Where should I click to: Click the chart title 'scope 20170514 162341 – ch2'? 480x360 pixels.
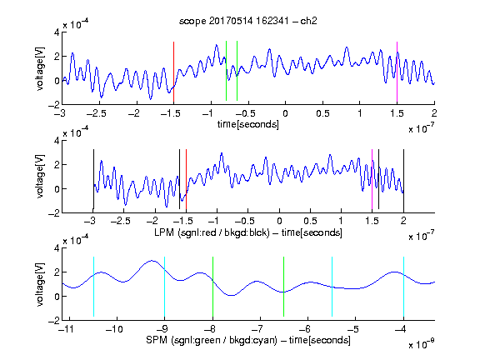[x=248, y=21]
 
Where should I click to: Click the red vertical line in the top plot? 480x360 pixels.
[x=173, y=72]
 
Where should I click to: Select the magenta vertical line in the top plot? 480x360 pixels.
[x=397, y=72]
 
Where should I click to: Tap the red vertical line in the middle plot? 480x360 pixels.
[x=186, y=179]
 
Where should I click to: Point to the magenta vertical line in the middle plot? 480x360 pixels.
[x=372, y=179]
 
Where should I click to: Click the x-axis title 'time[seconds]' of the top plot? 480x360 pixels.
[x=248, y=124]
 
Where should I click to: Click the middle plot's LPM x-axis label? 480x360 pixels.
[x=248, y=232]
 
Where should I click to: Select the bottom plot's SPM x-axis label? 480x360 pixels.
[x=248, y=340]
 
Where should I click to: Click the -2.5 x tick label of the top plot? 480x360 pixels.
[x=97, y=113]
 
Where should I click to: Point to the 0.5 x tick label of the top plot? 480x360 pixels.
[x=322, y=113]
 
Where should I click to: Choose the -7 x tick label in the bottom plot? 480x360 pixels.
[x=257, y=329]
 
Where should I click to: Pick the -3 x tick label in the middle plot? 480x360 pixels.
[x=90, y=221]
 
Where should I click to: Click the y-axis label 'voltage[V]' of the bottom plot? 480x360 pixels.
[x=40, y=284]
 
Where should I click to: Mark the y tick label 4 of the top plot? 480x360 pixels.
[x=57, y=32]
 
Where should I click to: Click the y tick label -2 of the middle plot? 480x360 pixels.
[x=54, y=213]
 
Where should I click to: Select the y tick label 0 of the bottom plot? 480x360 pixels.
[x=57, y=297]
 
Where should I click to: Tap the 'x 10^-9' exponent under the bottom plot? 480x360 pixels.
[x=421, y=344]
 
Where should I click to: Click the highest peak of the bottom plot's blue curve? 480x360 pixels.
[x=152, y=261]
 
